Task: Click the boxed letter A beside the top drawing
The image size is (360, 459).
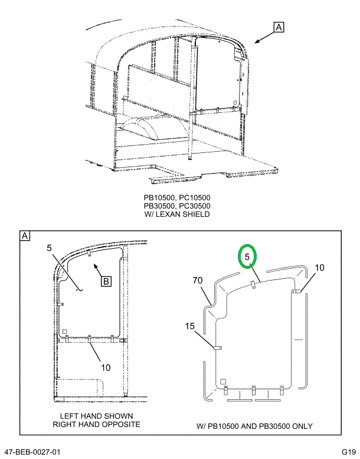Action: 279,27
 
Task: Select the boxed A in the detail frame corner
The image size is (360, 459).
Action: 25,236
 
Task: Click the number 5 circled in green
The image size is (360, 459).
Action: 248,256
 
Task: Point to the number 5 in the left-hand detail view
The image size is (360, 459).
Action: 50,249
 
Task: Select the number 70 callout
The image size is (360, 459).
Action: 197,280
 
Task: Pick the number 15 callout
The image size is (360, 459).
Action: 189,325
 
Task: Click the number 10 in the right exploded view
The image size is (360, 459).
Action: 319,268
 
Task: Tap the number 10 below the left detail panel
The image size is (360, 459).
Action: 105,367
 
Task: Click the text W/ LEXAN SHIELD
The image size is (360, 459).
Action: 177,214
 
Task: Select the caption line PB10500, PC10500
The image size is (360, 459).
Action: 177,197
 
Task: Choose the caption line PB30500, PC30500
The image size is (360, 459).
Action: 177,206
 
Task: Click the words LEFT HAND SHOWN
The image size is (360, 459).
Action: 96,416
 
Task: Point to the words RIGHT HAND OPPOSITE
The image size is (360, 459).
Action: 96,424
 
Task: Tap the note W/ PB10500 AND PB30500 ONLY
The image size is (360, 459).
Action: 254,426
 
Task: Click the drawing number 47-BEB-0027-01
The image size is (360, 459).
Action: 32,452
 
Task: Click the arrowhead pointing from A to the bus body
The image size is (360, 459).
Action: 256,42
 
